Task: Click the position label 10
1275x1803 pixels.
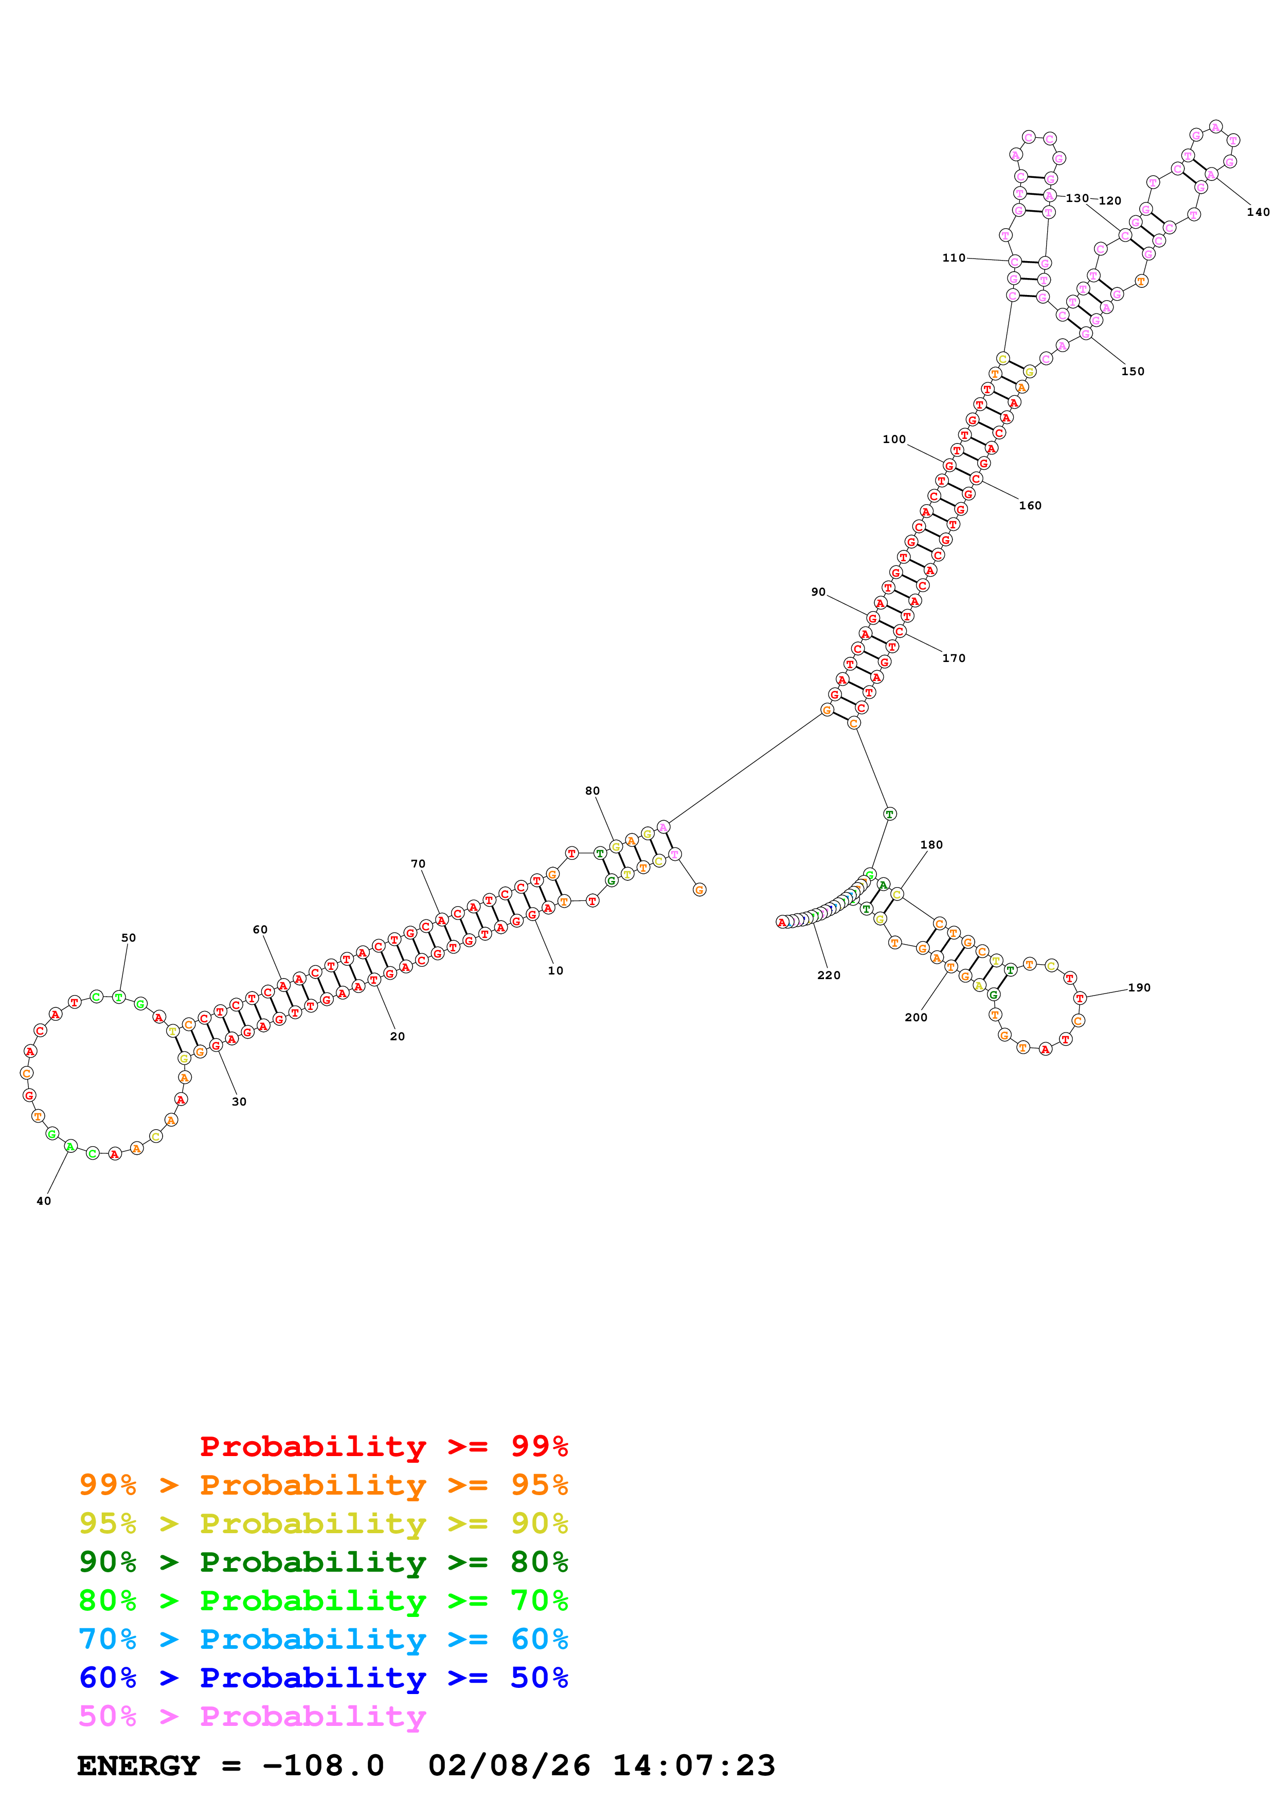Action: (x=555, y=970)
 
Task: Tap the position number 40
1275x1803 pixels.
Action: (x=44, y=1201)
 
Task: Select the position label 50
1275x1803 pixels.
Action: (x=129, y=937)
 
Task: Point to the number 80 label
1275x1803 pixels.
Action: (x=592, y=791)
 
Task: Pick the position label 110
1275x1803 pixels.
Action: (x=954, y=257)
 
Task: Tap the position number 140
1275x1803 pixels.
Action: (x=1258, y=212)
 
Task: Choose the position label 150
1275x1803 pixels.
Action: (x=1133, y=372)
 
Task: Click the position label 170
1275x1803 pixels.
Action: (x=954, y=658)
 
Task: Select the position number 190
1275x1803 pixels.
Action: (x=1139, y=988)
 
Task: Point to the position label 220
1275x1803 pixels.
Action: (x=829, y=976)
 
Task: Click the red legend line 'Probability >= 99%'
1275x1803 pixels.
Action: (x=383, y=1446)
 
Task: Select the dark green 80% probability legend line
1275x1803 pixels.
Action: (x=323, y=1562)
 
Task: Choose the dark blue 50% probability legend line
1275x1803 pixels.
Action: (x=323, y=1678)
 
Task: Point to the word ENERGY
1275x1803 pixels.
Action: (x=138, y=1765)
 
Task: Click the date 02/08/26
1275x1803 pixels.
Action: (x=509, y=1765)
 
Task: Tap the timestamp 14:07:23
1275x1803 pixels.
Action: (x=694, y=1765)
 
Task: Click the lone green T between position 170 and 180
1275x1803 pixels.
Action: (x=889, y=814)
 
